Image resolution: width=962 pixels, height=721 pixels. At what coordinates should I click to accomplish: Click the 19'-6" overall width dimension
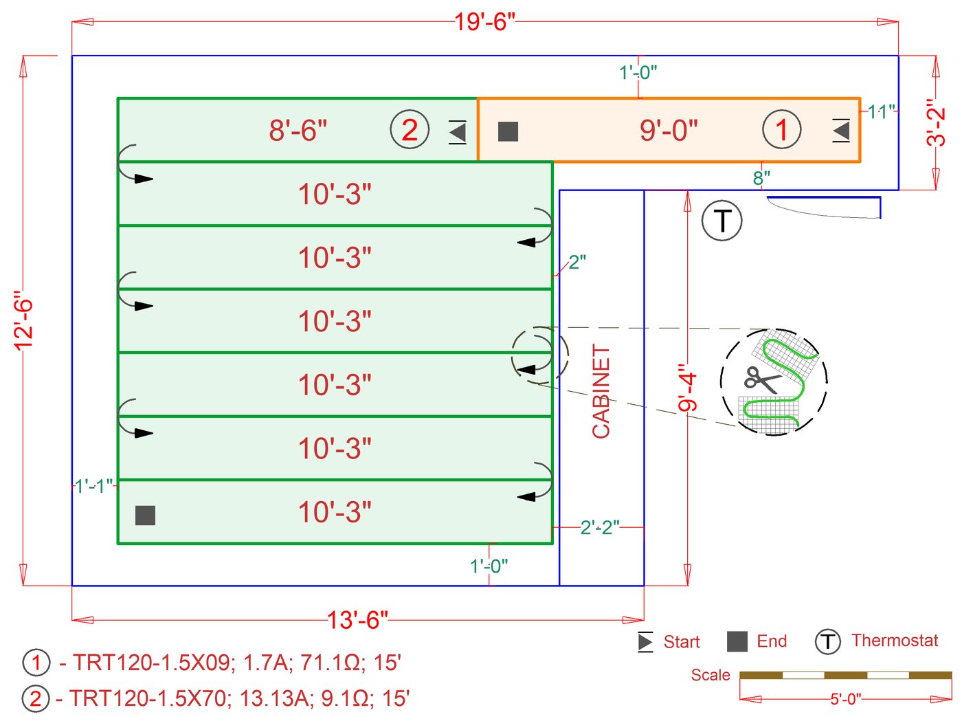pyautogui.click(x=484, y=22)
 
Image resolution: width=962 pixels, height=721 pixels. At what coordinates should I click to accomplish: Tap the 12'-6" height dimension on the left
pyautogui.click(x=23, y=320)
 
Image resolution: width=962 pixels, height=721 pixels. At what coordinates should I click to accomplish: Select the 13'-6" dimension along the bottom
pyautogui.click(x=357, y=620)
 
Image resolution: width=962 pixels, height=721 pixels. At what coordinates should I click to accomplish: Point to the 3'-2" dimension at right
pyautogui.click(x=936, y=122)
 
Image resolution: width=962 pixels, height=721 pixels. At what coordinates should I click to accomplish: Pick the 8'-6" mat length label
pyautogui.click(x=298, y=130)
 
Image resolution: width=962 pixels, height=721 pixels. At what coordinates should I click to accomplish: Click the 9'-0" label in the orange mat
pyautogui.click(x=668, y=130)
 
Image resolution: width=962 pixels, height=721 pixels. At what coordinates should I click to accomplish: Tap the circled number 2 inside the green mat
pyautogui.click(x=410, y=130)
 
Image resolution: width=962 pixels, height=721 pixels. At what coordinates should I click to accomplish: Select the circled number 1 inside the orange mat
pyautogui.click(x=781, y=130)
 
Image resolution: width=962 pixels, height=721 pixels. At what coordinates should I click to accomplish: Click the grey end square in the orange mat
pyautogui.click(x=508, y=131)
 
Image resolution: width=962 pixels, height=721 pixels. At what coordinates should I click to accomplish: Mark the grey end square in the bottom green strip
pyautogui.click(x=145, y=515)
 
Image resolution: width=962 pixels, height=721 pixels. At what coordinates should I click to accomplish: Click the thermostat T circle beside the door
pyautogui.click(x=721, y=221)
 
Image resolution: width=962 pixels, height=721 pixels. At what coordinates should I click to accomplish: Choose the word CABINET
pyautogui.click(x=601, y=391)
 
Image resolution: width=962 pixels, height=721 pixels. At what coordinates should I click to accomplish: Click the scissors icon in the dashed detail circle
pyautogui.click(x=761, y=379)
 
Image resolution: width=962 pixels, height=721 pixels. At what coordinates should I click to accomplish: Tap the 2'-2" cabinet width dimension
pyautogui.click(x=599, y=527)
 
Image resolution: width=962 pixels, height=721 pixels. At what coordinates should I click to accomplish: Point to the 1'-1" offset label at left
pyautogui.click(x=93, y=487)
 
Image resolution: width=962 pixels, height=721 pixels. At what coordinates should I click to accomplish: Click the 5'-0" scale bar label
pyautogui.click(x=845, y=699)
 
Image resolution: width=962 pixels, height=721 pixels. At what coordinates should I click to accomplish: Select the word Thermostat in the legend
pyautogui.click(x=895, y=641)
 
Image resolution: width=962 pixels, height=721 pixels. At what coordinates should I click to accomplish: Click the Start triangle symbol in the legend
pyautogui.click(x=645, y=641)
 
